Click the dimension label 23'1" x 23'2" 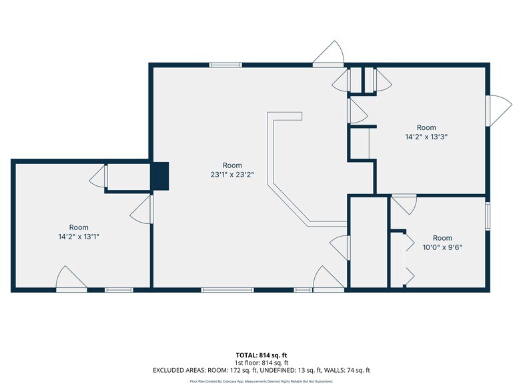pos(232,175)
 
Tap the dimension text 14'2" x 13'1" pos(79,237)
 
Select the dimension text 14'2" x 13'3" pos(426,137)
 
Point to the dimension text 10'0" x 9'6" pos(442,247)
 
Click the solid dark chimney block pos(160,176)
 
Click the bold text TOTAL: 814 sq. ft pos(261,355)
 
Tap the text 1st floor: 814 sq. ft pos(261,363)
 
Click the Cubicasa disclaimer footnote pos(261,381)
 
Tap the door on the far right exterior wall pos(499,111)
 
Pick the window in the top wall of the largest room pos(225,65)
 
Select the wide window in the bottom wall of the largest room pos(227,290)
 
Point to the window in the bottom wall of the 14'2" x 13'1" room pos(119,290)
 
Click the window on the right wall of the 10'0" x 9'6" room pos(488,216)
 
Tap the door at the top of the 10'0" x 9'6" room pos(404,204)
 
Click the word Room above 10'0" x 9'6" pos(442,238)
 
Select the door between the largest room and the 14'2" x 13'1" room pos(141,209)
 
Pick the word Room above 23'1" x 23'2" pos(232,165)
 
